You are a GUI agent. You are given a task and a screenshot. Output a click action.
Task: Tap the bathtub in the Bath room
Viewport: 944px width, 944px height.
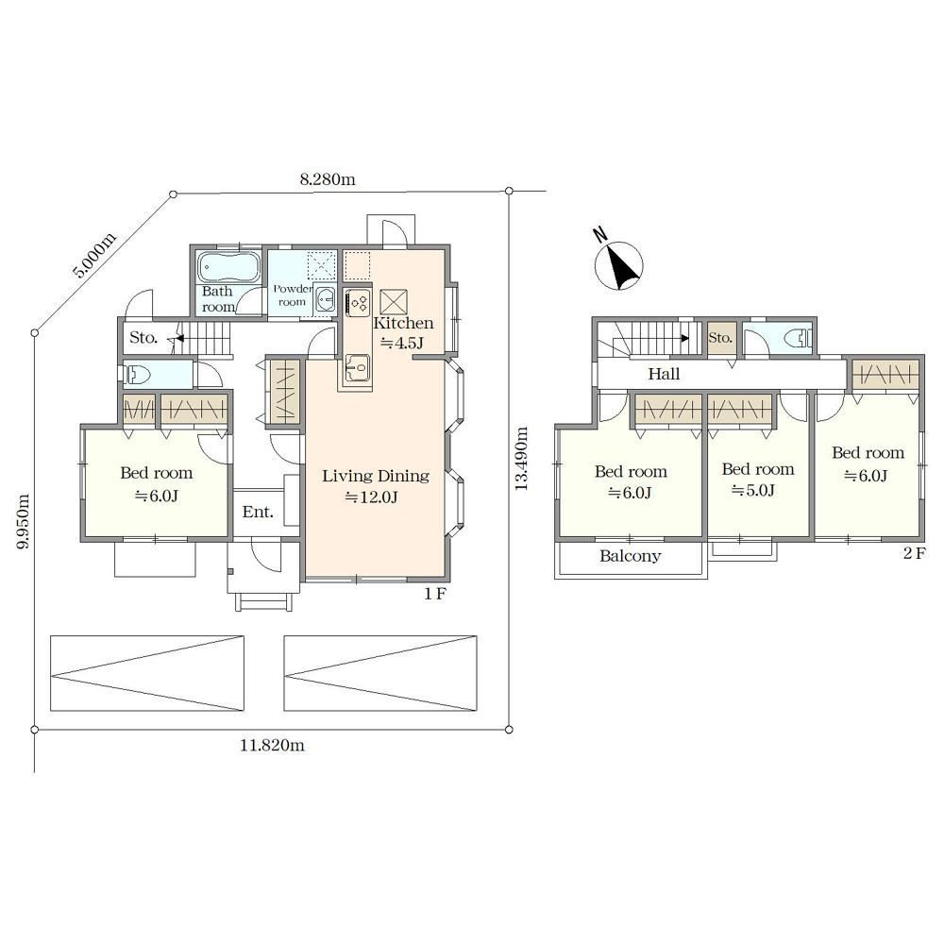228,267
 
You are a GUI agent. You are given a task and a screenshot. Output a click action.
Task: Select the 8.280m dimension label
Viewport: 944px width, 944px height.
328,179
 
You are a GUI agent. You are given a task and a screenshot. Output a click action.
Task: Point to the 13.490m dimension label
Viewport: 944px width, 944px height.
521,459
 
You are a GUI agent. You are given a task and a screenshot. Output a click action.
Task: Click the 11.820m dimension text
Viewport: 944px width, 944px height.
272,746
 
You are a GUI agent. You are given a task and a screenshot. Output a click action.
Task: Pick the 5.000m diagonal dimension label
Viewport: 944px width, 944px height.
93,255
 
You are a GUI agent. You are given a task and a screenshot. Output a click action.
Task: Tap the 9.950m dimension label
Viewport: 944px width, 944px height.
23,521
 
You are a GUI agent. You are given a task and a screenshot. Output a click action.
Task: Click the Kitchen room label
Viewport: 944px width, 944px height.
403,323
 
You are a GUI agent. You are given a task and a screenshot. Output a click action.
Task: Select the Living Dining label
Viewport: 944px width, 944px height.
376,476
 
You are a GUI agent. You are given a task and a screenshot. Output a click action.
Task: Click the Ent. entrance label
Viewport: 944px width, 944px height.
258,513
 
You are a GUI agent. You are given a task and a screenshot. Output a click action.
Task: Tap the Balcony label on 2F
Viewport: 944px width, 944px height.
631,556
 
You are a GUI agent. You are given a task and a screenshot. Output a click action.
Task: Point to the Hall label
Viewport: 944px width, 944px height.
664,374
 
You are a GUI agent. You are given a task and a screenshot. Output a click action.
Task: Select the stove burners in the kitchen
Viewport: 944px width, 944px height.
358,302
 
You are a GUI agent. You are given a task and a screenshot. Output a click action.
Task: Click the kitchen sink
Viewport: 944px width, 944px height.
358,367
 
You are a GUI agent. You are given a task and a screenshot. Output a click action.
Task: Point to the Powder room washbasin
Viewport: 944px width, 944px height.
326,298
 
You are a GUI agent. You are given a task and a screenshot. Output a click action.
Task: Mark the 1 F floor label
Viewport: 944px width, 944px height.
434,594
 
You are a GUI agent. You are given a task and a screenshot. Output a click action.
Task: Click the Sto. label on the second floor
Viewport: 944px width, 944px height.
720,338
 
